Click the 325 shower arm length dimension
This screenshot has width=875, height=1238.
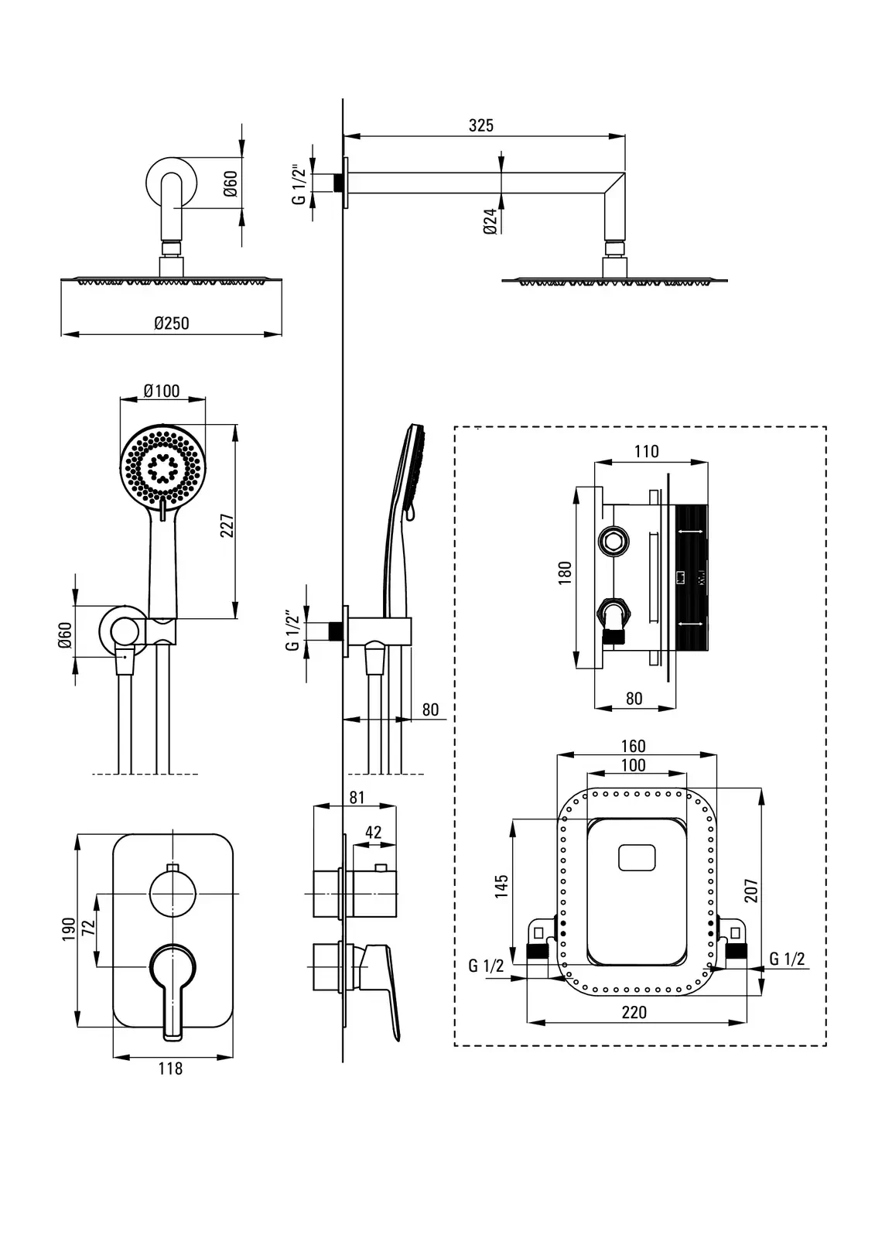point(481,125)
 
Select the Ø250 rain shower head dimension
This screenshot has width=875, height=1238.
point(172,323)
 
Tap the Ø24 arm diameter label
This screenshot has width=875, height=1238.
point(490,221)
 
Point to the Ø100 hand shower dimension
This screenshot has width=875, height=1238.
point(162,391)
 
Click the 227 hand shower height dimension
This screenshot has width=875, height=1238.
point(227,525)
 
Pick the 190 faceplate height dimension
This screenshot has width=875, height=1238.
point(69,929)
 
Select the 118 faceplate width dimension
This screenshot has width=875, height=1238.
point(170,1069)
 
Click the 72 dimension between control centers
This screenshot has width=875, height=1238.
point(88,926)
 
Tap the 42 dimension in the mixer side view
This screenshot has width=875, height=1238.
point(374,832)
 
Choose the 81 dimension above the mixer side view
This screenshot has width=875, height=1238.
point(357,797)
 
